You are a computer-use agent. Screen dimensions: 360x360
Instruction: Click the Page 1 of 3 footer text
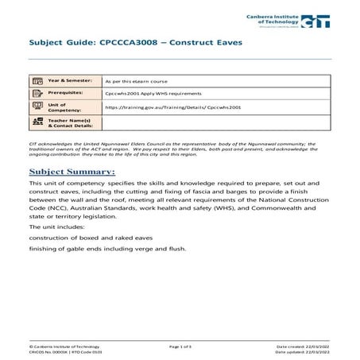click(x=184, y=347)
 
